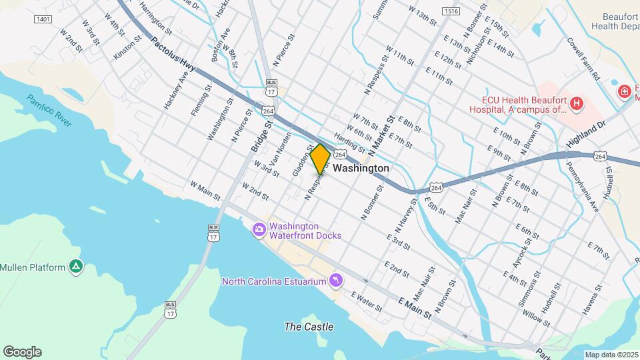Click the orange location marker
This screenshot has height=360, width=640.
click(320, 159)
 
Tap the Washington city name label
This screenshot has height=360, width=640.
click(361, 169)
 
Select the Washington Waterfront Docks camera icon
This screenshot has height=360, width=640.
click(259, 230)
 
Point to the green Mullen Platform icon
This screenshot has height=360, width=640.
click(77, 267)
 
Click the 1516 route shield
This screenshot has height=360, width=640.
click(451, 12)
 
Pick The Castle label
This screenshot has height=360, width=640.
click(309, 327)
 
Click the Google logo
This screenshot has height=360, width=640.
click(21, 351)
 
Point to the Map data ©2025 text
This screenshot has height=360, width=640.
click(611, 355)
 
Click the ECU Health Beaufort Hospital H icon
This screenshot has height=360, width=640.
click(575, 103)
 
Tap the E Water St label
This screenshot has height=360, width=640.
click(367, 303)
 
